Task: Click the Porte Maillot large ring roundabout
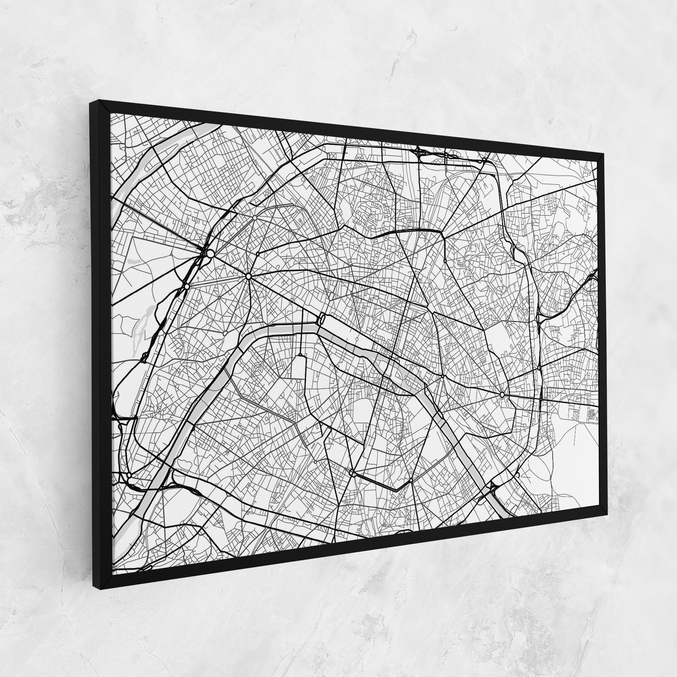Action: (x=210, y=253)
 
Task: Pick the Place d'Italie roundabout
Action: (x=411, y=481)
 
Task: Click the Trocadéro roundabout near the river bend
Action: (x=225, y=333)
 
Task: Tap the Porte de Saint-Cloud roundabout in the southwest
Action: (x=129, y=476)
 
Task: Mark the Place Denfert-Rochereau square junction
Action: (x=352, y=473)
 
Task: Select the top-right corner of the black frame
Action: (x=605, y=154)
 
